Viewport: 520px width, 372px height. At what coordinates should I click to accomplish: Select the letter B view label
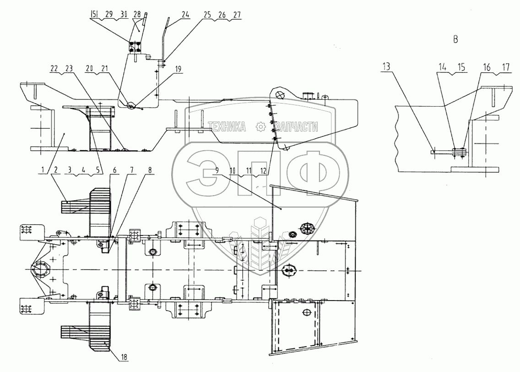(x=455, y=39)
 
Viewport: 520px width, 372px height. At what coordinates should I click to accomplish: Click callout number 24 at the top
(x=185, y=15)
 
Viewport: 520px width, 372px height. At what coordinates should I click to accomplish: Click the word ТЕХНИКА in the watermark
(x=227, y=127)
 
